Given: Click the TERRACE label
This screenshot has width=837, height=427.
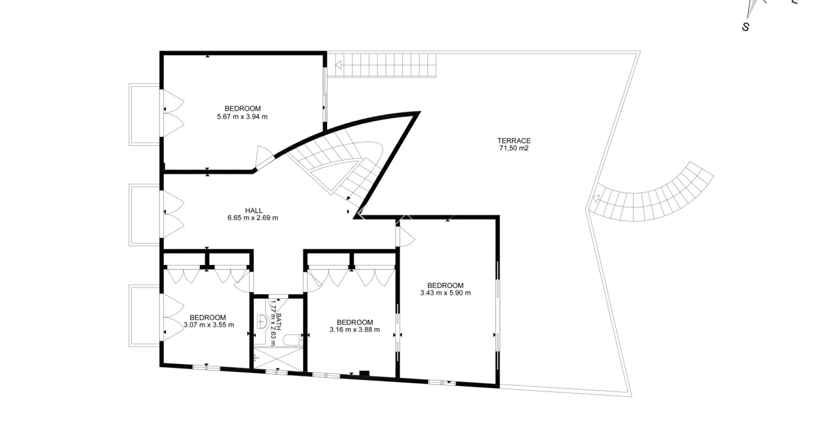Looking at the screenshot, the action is click(514, 141).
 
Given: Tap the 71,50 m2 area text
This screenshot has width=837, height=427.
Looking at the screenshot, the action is click(514, 148).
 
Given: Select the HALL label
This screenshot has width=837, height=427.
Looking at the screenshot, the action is click(254, 211).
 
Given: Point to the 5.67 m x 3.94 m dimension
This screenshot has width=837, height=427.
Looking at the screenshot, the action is click(242, 117).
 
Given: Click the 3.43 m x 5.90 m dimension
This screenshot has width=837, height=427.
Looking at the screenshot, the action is click(446, 293).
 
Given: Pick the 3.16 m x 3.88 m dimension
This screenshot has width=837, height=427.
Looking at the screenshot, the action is click(355, 330).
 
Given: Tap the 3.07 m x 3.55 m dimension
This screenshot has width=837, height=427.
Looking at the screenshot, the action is click(209, 325).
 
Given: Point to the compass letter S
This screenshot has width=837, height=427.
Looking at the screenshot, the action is click(746, 27).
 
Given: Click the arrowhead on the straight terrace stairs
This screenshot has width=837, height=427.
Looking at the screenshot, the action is click(338, 65).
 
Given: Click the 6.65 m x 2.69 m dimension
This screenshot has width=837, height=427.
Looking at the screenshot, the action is click(253, 218).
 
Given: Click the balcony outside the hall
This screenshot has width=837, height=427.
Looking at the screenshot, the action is click(145, 215).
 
